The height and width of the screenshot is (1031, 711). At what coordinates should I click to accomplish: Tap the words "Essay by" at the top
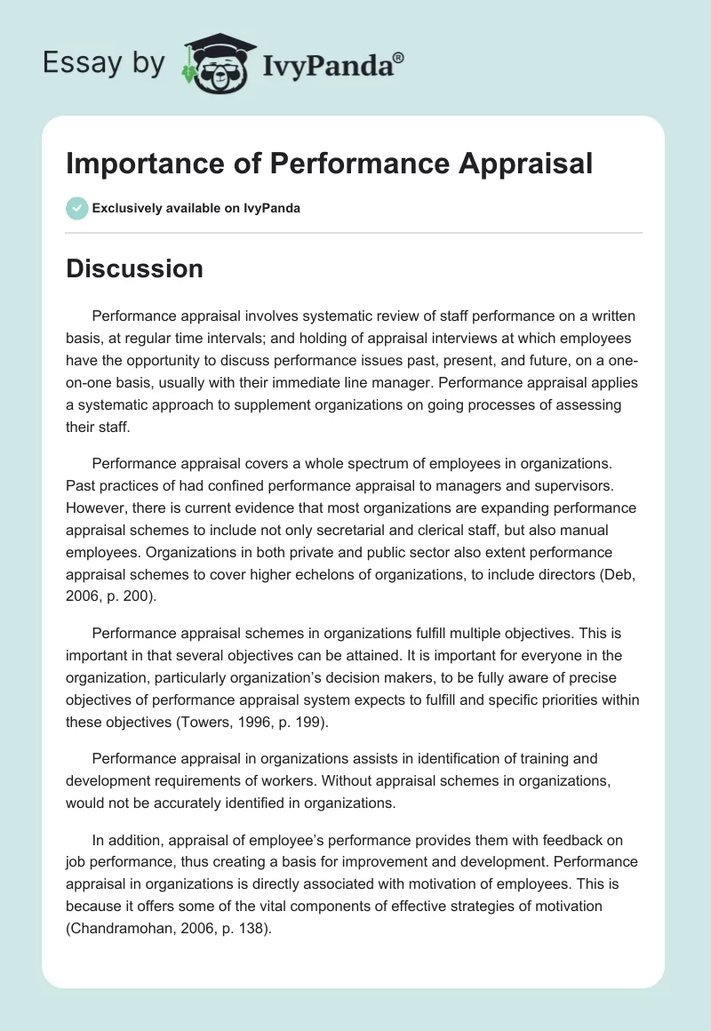[105, 63]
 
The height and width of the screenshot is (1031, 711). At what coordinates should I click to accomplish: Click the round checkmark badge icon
[76, 208]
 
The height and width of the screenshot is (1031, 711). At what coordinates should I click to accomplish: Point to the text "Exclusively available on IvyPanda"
[196, 208]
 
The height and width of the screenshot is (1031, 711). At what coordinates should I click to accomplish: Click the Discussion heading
[134, 268]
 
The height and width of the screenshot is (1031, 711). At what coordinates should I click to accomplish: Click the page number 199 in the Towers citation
[302, 723]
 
